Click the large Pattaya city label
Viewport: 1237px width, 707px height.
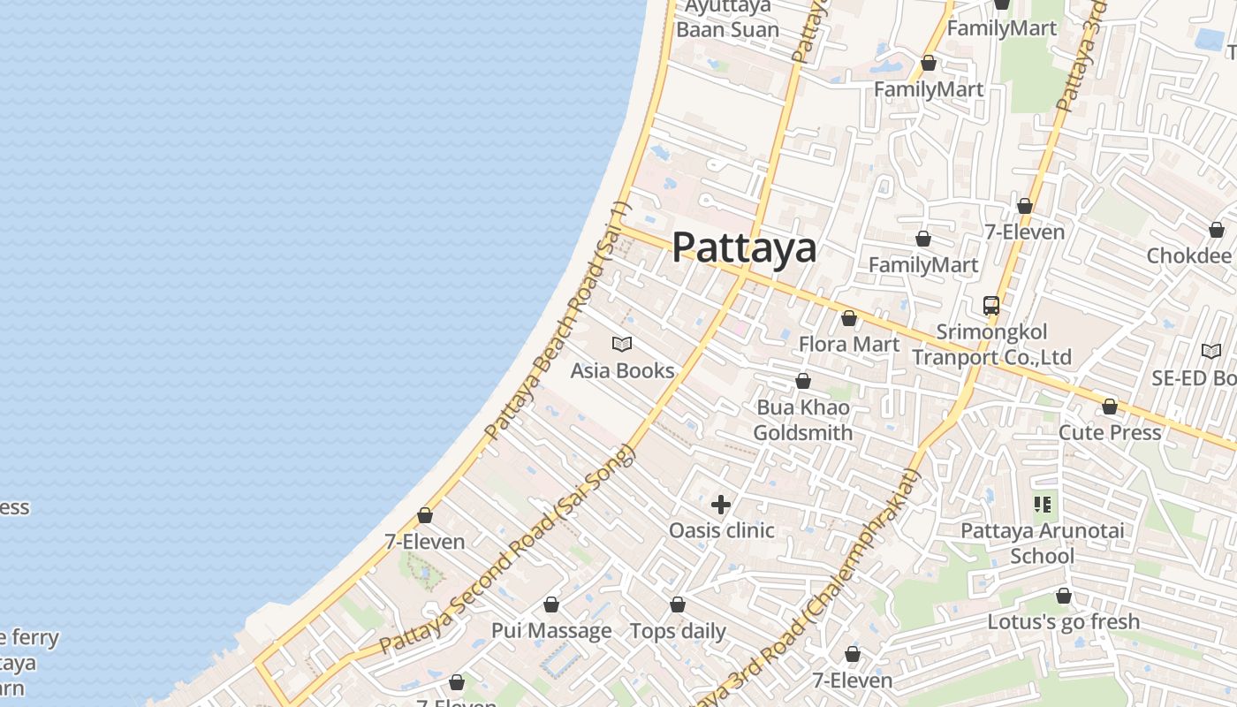pos(744,247)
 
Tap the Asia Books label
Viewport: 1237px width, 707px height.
pos(622,370)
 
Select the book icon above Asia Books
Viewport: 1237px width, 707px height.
pos(622,344)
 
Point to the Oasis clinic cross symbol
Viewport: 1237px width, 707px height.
pos(721,505)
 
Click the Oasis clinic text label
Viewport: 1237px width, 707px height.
pos(721,530)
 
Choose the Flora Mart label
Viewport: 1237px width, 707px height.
pos(849,344)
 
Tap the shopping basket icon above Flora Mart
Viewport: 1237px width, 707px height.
pos(849,318)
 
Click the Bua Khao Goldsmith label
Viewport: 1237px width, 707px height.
pos(802,420)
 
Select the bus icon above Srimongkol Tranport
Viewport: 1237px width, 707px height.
pos(991,306)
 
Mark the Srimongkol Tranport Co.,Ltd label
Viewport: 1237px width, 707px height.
pos(991,345)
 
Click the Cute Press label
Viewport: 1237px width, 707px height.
pos(1110,432)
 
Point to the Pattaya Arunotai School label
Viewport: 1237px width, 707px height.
pos(1043,543)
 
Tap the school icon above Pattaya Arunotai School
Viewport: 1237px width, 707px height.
pos(1043,505)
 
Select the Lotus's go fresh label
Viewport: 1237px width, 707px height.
pos(1064,621)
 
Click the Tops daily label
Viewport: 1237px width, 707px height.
pos(678,631)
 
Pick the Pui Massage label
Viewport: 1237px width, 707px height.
pos(551,630)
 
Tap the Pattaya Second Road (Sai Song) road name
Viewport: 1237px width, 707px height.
pos(508,551)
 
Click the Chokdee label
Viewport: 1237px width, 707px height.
pos(1188,255)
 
